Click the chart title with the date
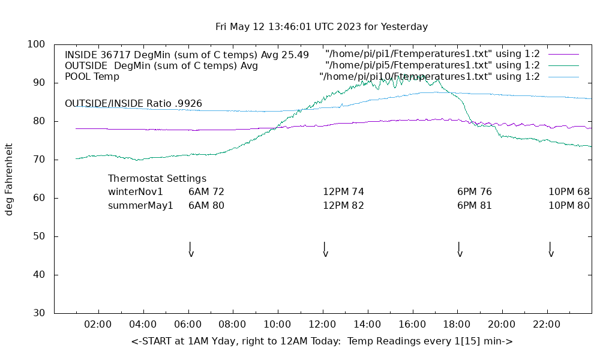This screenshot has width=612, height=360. click(322, 27)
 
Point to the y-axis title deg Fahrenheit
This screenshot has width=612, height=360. click(9, 179)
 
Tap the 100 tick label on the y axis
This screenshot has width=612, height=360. click(37, 44)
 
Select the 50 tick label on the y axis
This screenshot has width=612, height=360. click(39, 236)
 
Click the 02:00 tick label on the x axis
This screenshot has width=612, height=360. click(98, 325)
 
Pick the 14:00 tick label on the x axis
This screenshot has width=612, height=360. click(367, 325)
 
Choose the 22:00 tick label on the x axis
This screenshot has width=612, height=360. click(546, 325)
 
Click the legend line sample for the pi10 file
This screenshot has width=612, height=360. click(563, 77)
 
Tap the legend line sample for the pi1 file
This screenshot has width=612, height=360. click(563, 55)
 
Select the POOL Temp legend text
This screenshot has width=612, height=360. click(92, 77)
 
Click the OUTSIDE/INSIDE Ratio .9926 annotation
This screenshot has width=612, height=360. click(133, 104)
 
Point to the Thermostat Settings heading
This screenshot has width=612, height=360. click(157, 179)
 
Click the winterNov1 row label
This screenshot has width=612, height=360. click(136, 192)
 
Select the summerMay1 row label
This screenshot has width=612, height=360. click(140, 205)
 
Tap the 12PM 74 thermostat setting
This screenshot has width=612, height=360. click(343, 192)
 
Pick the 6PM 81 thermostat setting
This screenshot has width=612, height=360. click(475, 205)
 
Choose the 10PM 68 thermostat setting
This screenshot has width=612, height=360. click(569, 192)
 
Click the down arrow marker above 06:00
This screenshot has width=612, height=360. click(190, 250)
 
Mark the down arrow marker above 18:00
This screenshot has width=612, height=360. click(459, 250)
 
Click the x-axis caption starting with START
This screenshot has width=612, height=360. click(322, 341)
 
